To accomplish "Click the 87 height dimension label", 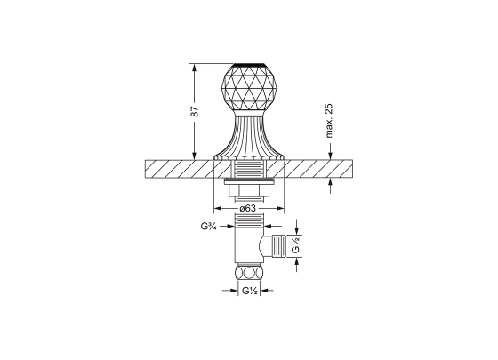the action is (x=195, y=110).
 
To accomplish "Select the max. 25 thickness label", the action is (x=329, y=121).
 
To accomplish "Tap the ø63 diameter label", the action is (x=247, y=208).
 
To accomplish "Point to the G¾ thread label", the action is (x=209, y=226).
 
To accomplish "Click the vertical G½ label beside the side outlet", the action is (x=295, y=244).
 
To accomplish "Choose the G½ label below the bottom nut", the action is (x=249, y=291).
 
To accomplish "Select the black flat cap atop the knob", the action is (x=249, y=65).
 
